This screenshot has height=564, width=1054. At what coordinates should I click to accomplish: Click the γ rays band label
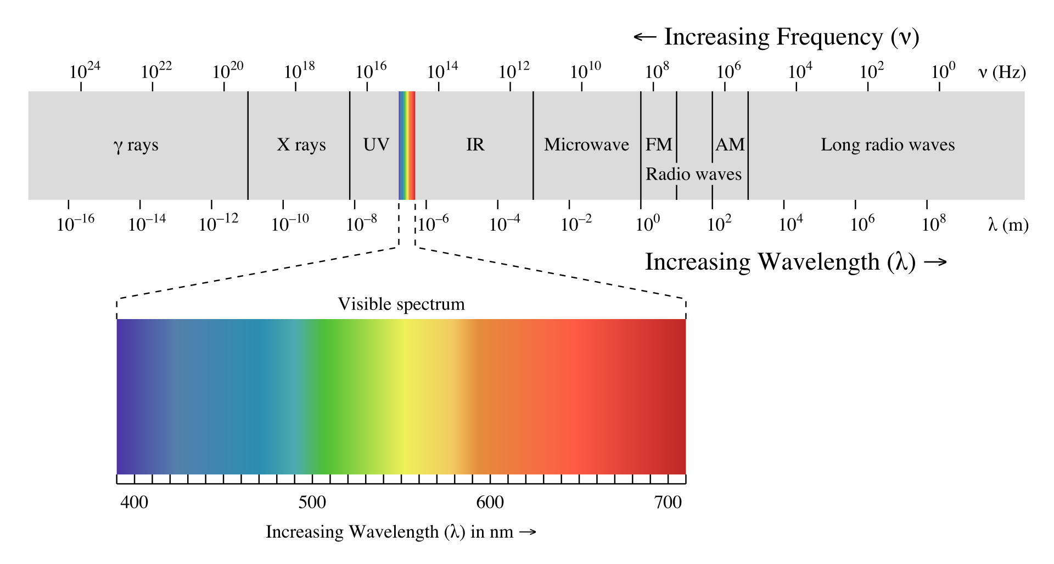(x=136, y=146)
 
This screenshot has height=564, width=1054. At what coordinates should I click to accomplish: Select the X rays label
(x=301, y=145)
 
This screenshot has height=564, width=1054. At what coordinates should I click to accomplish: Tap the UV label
(x=376, y=145)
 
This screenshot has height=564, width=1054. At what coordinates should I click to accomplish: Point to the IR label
(x=475, y=145)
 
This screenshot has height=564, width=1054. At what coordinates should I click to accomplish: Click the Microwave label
(x=586, y=145)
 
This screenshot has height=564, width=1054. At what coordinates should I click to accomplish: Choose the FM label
(x=659, y=145)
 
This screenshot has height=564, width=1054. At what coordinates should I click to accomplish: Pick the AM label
(x=730, y=145)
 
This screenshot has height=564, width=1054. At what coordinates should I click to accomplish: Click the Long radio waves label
(x=888, y=145)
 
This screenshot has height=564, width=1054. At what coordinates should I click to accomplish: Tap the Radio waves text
(x=693, y=174)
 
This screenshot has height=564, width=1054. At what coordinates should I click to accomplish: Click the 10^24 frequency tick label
(x=85, y=71)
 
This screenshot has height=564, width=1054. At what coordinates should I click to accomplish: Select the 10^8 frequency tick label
(x=657, y=71)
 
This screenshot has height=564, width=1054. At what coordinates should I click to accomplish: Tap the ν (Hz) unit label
(x=1002, y=72)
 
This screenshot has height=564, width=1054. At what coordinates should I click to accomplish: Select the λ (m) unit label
(x=1008, y=225)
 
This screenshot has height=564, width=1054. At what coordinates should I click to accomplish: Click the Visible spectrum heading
(x=401, y=304)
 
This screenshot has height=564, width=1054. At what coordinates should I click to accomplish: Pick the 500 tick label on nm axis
(x=312, y=502)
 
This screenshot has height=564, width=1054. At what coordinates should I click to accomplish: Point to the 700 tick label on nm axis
(x=668, y=502)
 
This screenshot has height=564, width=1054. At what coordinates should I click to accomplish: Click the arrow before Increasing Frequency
(x=645, y=37)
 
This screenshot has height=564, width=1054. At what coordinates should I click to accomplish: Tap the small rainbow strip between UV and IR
(x=407, y=146)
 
